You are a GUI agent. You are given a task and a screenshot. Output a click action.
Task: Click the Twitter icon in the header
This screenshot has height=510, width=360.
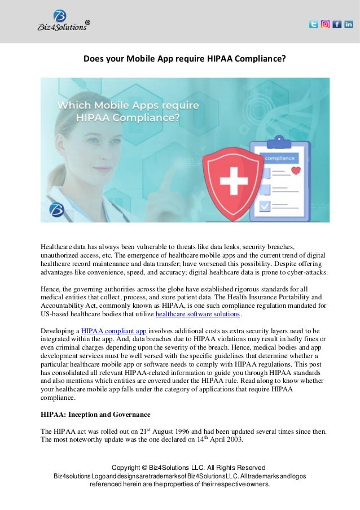pos(313,24)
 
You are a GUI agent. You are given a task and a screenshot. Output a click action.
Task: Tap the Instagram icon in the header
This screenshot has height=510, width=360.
pos(325,24)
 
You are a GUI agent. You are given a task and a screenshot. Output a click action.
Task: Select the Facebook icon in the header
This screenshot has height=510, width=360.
pos(337,24)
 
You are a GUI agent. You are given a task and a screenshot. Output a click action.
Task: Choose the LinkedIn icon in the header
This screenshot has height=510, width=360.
pos(349,24)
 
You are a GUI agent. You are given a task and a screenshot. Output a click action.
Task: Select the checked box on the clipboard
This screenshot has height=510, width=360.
pos(264,206)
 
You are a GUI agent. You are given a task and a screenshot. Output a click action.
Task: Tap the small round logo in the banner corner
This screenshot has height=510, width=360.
pos(56,210)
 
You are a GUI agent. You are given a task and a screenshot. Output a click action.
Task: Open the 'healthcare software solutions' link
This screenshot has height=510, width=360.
pos(197,314)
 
